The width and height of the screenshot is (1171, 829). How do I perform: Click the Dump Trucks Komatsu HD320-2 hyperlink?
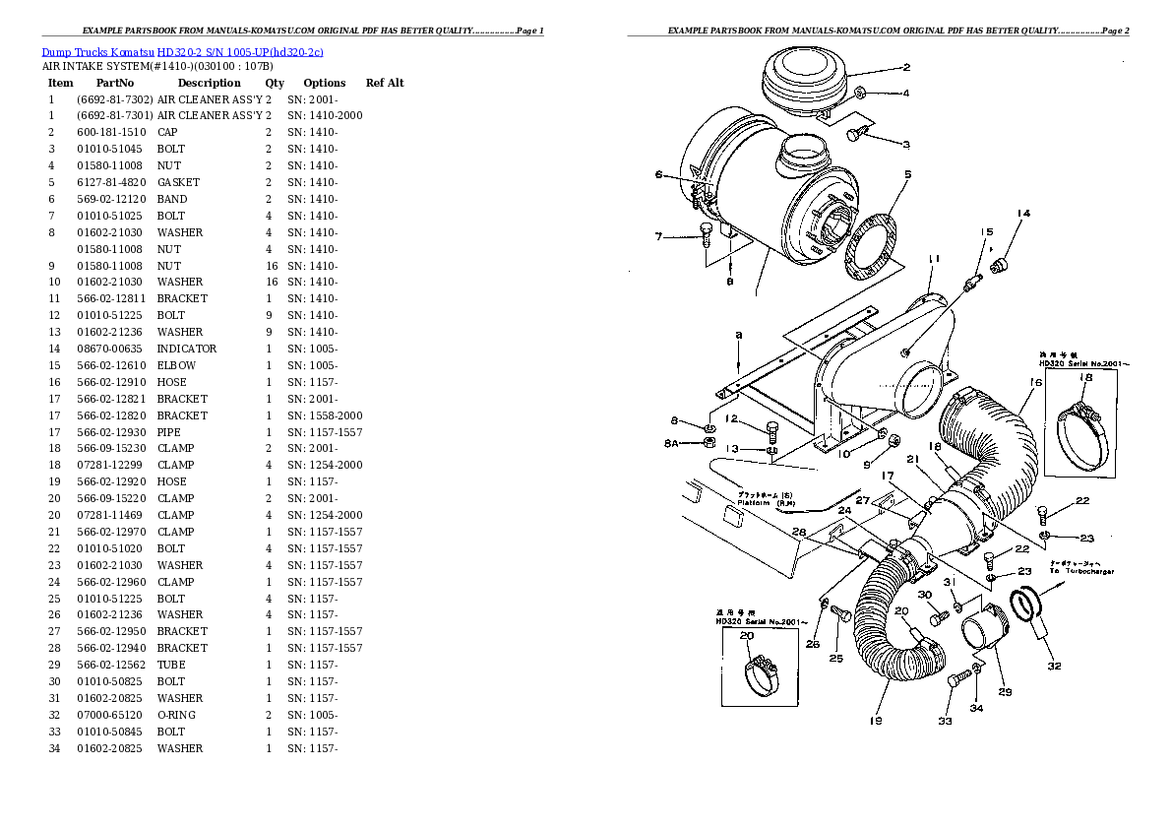point(183,51)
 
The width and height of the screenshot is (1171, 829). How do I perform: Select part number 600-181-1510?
point(111,133)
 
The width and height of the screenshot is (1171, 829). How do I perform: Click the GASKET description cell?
point(178,182)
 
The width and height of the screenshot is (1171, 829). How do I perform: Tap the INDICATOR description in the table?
point(187,349)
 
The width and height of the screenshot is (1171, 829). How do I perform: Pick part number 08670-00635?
point(111,349)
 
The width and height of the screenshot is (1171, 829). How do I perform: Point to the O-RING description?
point(177,715)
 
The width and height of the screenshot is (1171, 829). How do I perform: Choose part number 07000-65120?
point(111,715)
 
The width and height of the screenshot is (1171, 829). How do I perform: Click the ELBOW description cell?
point(176,365)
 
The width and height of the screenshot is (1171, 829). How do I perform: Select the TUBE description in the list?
point(171,665)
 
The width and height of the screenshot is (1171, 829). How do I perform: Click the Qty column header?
point(275,84)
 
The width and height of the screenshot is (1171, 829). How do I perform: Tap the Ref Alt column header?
point(385,84)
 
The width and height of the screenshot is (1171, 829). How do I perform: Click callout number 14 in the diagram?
point(1023,214)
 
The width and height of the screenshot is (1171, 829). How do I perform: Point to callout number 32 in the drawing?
point(1054,667)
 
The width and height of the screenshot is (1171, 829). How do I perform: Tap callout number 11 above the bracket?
point(934,259)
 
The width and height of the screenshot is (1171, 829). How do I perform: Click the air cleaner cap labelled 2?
point(801,79)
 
